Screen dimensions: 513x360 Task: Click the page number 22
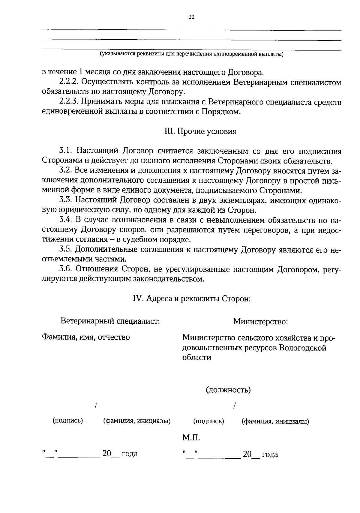[x=191, y=17]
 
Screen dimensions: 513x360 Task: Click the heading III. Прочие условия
[x=200, y=131]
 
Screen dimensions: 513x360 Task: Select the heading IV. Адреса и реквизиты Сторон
[x=191, y=299]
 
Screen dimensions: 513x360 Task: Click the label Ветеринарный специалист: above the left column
[x=110, y=321]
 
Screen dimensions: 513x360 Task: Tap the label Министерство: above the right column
[x=260, y=322]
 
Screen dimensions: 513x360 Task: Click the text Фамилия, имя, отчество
[x=86, y=337]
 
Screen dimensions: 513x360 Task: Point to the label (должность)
[x=228, y=390]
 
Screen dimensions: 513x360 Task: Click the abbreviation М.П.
[x=191, y=438]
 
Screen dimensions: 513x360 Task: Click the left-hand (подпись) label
[x=68, y=421]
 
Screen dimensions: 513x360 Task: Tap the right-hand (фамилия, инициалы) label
[x=275, y=421]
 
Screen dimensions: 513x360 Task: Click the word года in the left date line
[x=129, y=454]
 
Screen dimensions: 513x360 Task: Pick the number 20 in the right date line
[x=247, y=454]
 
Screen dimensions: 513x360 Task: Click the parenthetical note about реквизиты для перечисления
[x=191, y=54]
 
